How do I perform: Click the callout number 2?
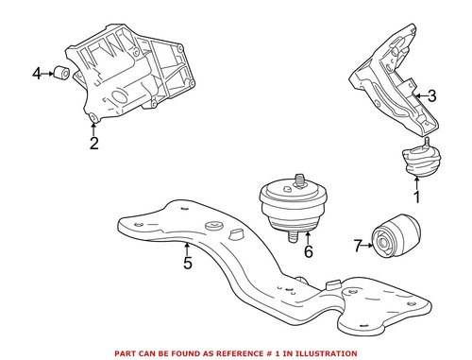point(93,144)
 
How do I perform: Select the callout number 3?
point(431,95)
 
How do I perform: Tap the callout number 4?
point(37,72)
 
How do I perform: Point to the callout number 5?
point(188,263)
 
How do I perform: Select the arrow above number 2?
point(93,129)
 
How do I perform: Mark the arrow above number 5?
point(188,248)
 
